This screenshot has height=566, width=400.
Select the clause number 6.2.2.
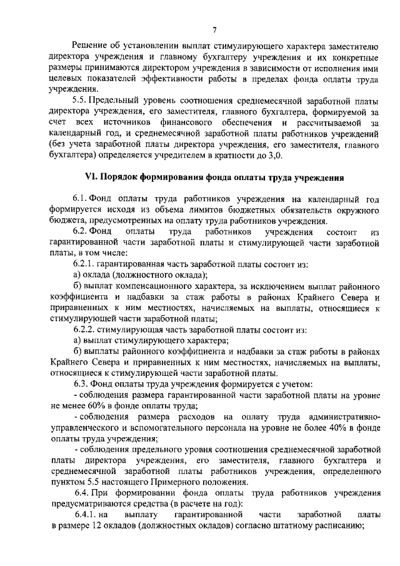coord(86,328)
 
